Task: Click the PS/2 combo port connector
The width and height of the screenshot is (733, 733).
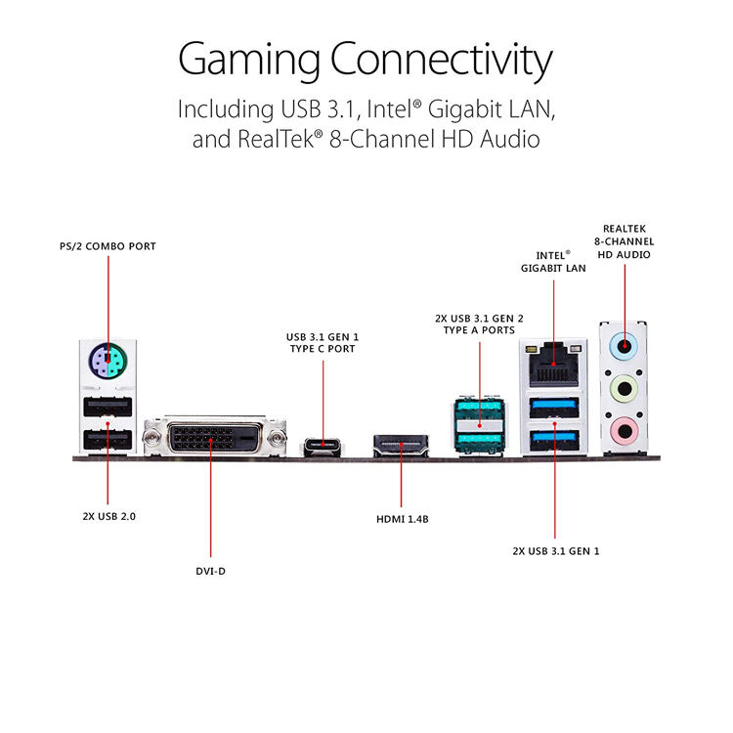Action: point(108,361)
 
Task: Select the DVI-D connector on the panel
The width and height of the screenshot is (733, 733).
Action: point(215,438)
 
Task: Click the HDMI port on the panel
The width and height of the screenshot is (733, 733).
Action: point(401,445)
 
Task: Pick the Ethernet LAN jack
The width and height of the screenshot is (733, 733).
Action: point(553,365)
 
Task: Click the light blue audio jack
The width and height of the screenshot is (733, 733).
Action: point(625,346)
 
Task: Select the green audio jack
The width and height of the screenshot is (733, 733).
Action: point(625,388)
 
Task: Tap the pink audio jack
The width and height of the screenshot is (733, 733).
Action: point(625,431)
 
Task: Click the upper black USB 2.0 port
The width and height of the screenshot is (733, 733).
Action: point(108,407)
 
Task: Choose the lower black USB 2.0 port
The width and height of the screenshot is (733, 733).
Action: point(108,440)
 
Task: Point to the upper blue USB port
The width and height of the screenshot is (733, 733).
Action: point(554,408)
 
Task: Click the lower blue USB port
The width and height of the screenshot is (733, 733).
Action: point(554,441)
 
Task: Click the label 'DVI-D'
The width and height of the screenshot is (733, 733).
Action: point(210,572)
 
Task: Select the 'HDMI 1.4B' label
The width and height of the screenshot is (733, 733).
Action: point(403,519)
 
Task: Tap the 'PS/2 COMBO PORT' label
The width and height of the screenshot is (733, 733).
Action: point(108,246)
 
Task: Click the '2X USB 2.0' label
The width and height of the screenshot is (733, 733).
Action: point(108,517)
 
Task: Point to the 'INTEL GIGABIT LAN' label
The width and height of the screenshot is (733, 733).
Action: point(553,262)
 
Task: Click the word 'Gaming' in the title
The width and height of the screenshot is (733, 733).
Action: point(249,60)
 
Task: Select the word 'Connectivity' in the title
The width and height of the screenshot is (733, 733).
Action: point(442,60)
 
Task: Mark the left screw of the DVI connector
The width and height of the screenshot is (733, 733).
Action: point(151,438)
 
